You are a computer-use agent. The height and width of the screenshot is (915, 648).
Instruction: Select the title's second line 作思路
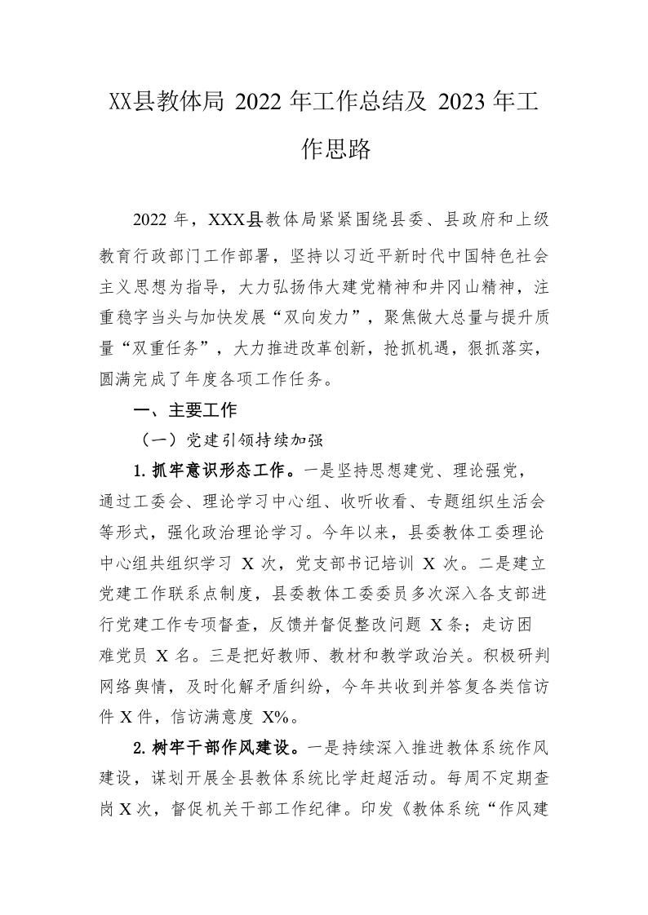[324, 149]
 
